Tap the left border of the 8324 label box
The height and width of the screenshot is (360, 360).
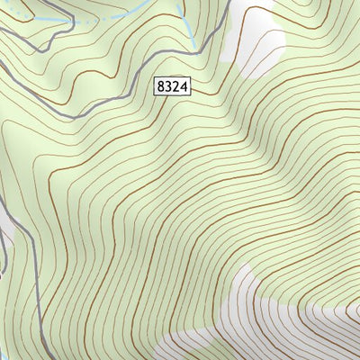tap(155, 85)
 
